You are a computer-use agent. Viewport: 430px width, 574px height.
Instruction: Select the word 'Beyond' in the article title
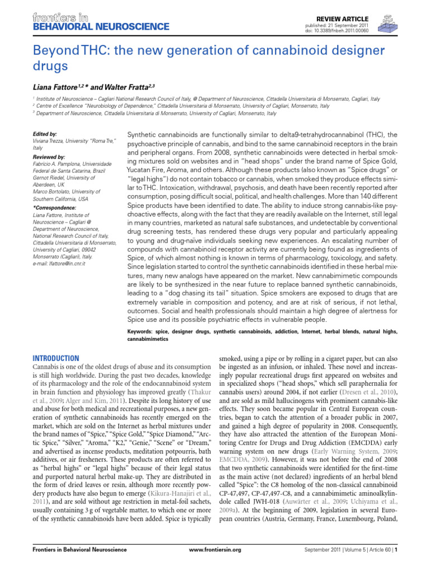pyautogui.click(x=52, y=51)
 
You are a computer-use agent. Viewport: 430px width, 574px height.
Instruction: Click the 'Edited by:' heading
pyautogui.click(x=45, y=135)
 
